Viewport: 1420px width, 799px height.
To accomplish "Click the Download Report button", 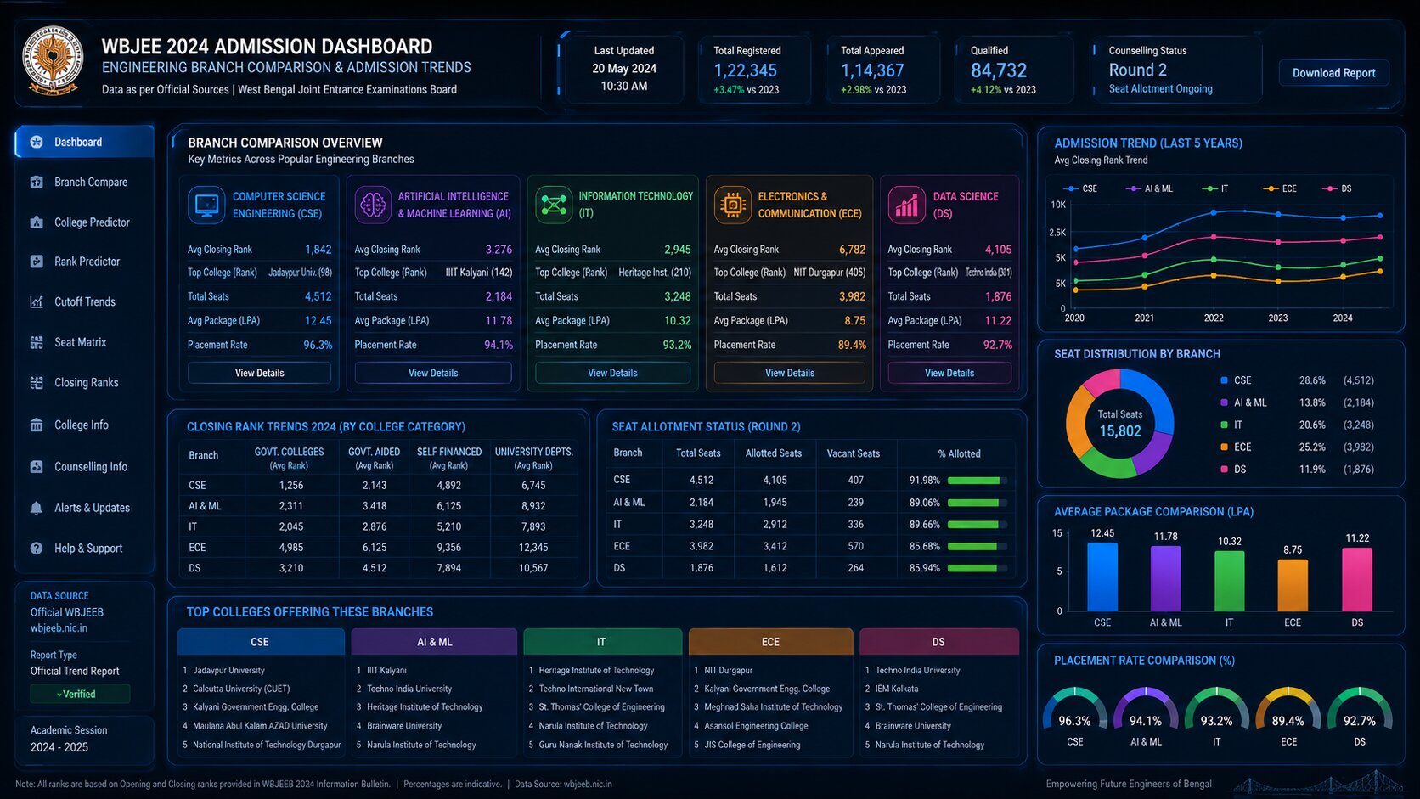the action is pyautogui.click(x=1333, y=73).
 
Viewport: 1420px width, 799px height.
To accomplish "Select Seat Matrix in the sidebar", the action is pyautogui.click(x=80, y=342).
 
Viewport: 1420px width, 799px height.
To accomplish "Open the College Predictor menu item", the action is pyautogui.click(x=91, y=222).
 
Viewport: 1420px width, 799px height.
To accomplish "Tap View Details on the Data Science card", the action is pyautogui.click(x=949, y=373).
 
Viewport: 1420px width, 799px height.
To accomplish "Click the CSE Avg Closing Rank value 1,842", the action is pyautogui.click(x=318, y=250).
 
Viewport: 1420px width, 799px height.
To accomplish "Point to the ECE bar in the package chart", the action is pyautogui.click(x=1293, y=585).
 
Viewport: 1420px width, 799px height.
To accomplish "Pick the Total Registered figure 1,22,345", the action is pyautogui.click(x=746, y=70).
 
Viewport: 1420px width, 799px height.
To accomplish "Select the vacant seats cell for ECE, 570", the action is pyautogui.click(x=855, y=546).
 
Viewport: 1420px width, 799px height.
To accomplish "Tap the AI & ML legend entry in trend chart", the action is pyautogui.click(x=1151, y=188).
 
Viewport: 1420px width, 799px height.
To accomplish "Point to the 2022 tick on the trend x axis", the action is pyautogui.click(x=1214, y=318).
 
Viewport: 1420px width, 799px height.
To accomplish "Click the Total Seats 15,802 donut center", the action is pyautogui.click(x=1120, y=424).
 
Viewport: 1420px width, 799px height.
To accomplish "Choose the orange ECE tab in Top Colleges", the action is pyautogui.click(x=770, y=642).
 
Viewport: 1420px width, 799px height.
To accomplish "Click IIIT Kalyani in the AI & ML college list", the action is pyautogui.click(x=386, y=671).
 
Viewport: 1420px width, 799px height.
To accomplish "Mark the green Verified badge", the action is pyautogui.click(x=79, y=694).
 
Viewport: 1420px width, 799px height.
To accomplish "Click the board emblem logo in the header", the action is pyautogui.click(x=53, y=61).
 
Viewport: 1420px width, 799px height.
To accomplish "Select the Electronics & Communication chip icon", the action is pyautogui.click(x=732, y=205).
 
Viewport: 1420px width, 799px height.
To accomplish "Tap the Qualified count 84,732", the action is pyautogui.click(x=999, y=70).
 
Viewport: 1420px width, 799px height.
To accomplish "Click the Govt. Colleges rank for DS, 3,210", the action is pyautogui.click(x=291, y=568).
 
